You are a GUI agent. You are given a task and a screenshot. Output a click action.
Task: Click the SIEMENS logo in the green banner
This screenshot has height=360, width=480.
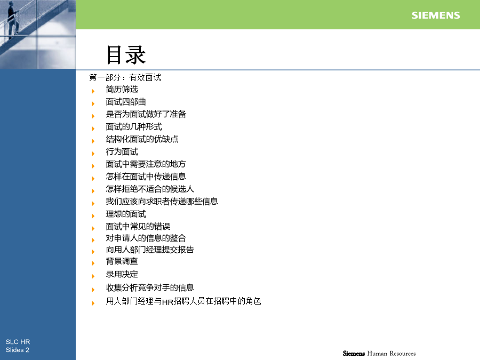(x=436, y=15)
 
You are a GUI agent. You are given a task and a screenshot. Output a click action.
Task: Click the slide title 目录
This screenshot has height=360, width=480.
(x=126, y=55)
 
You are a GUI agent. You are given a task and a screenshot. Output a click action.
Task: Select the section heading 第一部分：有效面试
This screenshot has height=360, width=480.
(x=125, y=77)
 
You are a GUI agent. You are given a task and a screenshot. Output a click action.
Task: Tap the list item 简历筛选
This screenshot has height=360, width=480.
(x=122, y=89)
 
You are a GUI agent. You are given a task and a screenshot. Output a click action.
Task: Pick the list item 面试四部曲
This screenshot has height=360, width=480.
(x=126, y=102)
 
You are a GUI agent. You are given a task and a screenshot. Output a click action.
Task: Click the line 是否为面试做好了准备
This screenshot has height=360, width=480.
(x=146, y=114)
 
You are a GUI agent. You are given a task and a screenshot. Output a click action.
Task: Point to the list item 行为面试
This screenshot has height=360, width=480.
(x=122, y=151)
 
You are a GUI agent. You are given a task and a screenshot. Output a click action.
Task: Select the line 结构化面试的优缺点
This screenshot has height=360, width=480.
(x=142, y=139)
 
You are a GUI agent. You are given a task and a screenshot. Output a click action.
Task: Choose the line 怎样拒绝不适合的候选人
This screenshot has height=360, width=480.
(x=150, y=189)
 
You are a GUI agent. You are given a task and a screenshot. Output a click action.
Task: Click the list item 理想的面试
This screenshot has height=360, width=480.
(x=126, y=214)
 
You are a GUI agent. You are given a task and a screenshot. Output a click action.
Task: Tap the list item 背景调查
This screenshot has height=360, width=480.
(x=122, y=261)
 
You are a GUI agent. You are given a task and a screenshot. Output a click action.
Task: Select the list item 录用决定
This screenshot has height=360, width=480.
(x=122, y=274)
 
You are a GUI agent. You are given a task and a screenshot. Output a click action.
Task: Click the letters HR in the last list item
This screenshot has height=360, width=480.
(x=168, y=302)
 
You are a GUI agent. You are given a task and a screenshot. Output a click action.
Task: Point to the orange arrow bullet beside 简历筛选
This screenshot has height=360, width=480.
(x=93, y=91)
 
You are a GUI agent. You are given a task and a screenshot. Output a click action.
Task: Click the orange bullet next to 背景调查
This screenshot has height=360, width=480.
(x=93, y=263)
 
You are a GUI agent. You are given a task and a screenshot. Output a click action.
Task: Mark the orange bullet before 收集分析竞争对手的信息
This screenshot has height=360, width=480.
(x=93, y=289)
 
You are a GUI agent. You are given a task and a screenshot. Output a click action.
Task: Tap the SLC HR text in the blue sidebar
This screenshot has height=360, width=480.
(x=18, y=342)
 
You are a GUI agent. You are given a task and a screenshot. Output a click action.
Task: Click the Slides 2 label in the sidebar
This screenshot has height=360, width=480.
(x=18, y=350)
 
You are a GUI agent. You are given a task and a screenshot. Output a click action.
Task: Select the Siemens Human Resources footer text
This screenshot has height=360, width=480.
(x=379, y=353)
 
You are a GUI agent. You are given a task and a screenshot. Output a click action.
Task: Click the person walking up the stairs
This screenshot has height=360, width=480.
(x=13, y=19)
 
